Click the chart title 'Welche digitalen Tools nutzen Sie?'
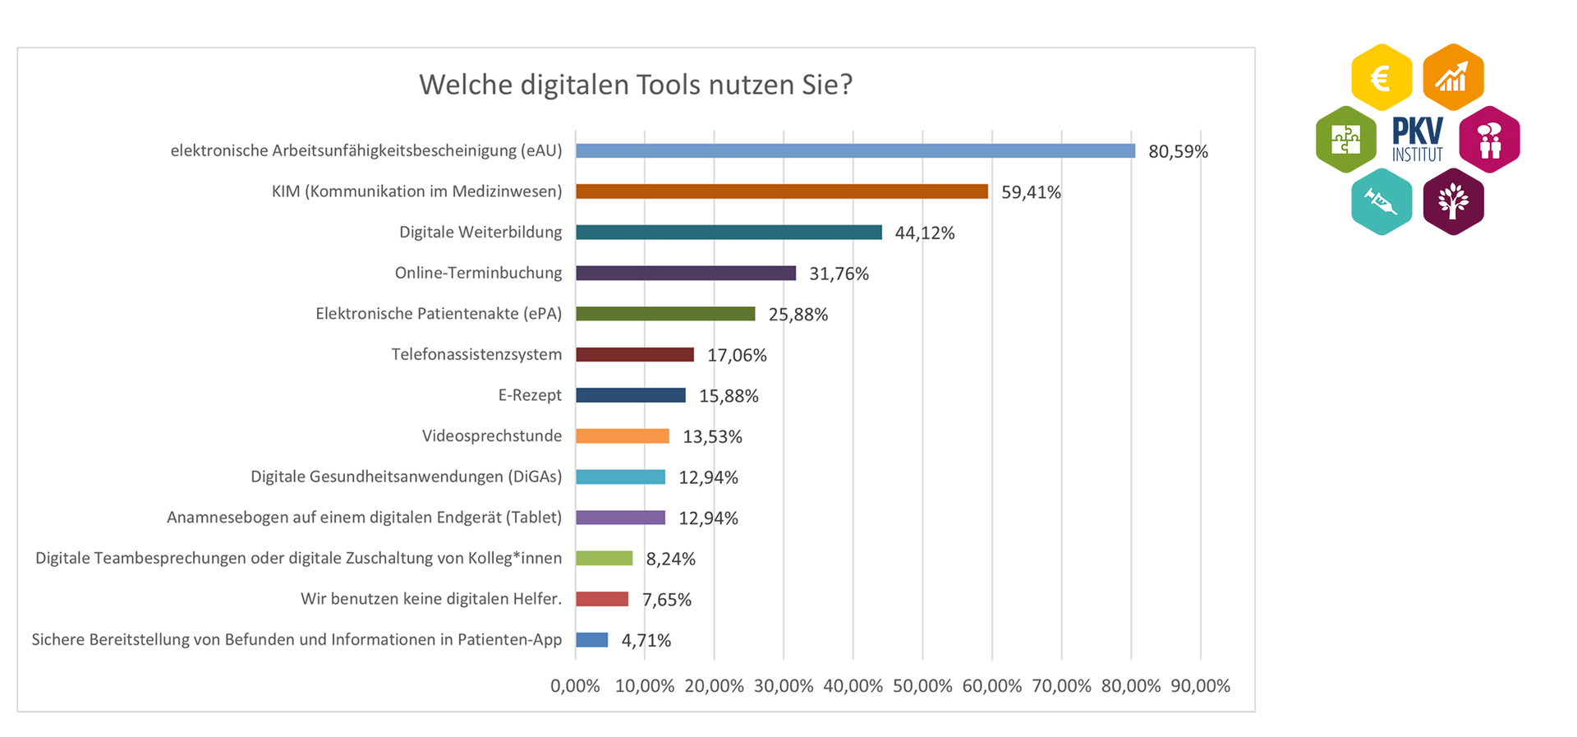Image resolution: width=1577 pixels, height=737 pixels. (x=636, y=85)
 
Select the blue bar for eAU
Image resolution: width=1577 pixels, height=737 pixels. (x=855, y=151)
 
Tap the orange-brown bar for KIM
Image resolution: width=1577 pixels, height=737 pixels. (x=781, y=191)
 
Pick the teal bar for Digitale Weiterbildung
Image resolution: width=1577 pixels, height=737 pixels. (x=729, y=233)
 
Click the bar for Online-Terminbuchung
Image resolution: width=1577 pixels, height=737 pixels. (x=686, y=273)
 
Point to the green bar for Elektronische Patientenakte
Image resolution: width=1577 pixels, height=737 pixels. (x=665, y=314)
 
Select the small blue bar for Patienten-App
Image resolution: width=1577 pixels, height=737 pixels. (x=591, y=640)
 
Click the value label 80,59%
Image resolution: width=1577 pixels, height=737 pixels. (x=1178, y=151)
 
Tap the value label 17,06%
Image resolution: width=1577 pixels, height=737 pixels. (x=737, y=355)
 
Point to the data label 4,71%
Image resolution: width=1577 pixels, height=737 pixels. (x=646, y=640)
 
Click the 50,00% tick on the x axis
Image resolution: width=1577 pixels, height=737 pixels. (x=922, y=686)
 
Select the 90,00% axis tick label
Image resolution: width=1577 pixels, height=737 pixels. (x=1200, y=686)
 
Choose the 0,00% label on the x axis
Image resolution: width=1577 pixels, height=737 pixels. (x=575, y=686)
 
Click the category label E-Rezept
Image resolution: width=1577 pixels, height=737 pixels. (x=530, y=395)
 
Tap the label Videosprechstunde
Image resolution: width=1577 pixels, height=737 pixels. (x=491, y=436)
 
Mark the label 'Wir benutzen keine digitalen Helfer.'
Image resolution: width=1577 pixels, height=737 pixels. (x=431, y=599)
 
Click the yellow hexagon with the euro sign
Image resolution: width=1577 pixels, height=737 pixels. (x=1382, y=78)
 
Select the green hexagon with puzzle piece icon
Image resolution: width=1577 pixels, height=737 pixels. (x=1345, y=140)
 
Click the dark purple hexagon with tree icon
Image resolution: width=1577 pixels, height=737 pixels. (x=1453, y=202)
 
